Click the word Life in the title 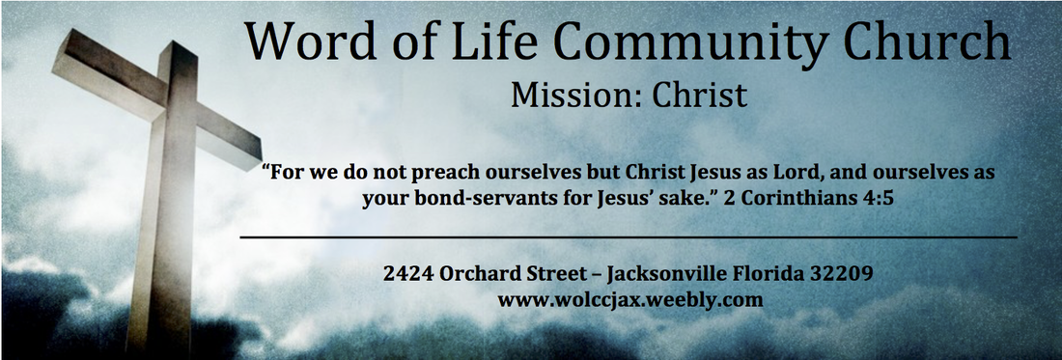(464, 42)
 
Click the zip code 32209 (849, 273)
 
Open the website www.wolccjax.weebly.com (630, 299)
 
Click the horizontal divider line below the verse (628, 236)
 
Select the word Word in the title (301, 42)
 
